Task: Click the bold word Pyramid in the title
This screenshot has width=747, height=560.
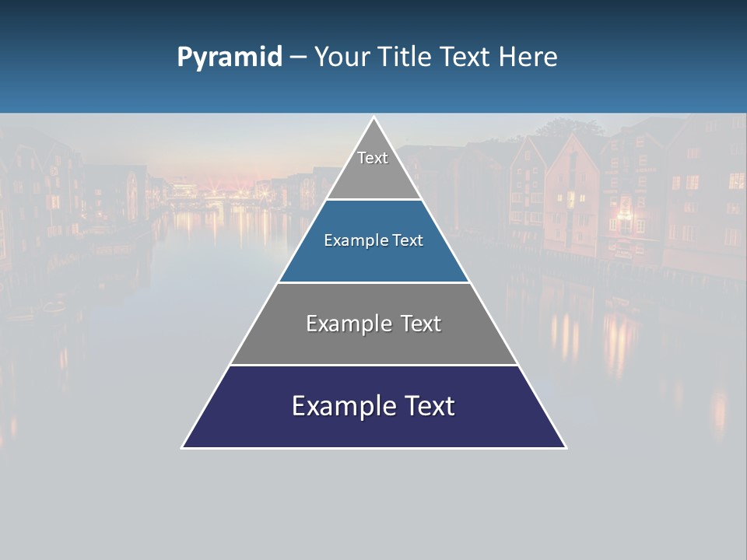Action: click(x=230, y=57)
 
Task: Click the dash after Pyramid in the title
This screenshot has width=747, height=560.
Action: click(x=298, y=58)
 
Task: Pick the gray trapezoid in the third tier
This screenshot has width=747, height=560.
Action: click(x=373, y=342)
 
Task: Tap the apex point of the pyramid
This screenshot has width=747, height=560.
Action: click(x=373, y=118)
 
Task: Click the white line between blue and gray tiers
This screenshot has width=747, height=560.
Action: click(x=373, y=282)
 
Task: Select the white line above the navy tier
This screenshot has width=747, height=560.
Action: click(x=373, y=365)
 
